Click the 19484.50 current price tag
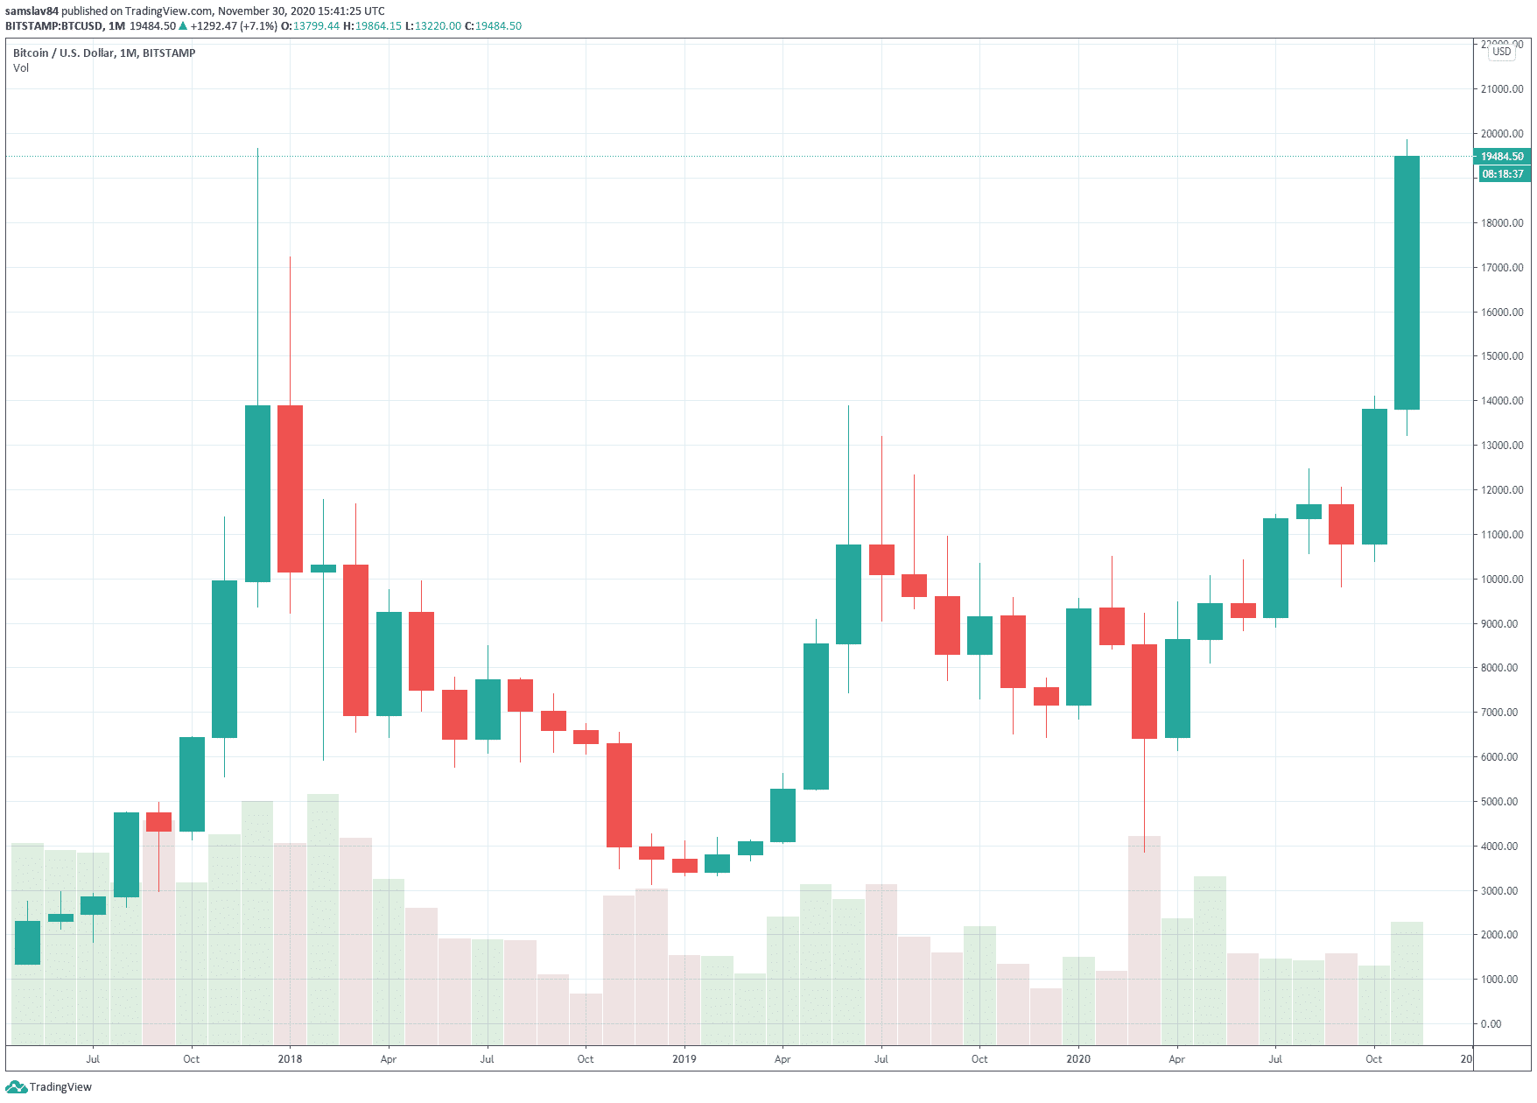(x=1502, y=157)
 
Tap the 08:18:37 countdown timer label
(x=1502, y=174)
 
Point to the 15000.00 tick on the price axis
(x=1502, y=356)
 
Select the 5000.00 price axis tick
(x=1502, y=802)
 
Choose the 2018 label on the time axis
(x=290, y=1059)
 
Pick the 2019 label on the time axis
(x=684, y=1059)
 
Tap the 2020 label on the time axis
(x=1078, y=1059)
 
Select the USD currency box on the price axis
(x=1502, y=52)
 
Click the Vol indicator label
(x=21, y=68)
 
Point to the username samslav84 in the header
(x=32, y=11)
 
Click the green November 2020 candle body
(x=1407, y=283)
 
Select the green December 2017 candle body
(x=257, y=494)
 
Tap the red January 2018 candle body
(x=290, y=488)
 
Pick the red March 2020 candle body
(x=1144, y=692)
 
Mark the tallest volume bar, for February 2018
(x=323, y=919)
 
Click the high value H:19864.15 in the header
(x=372, y=26)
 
